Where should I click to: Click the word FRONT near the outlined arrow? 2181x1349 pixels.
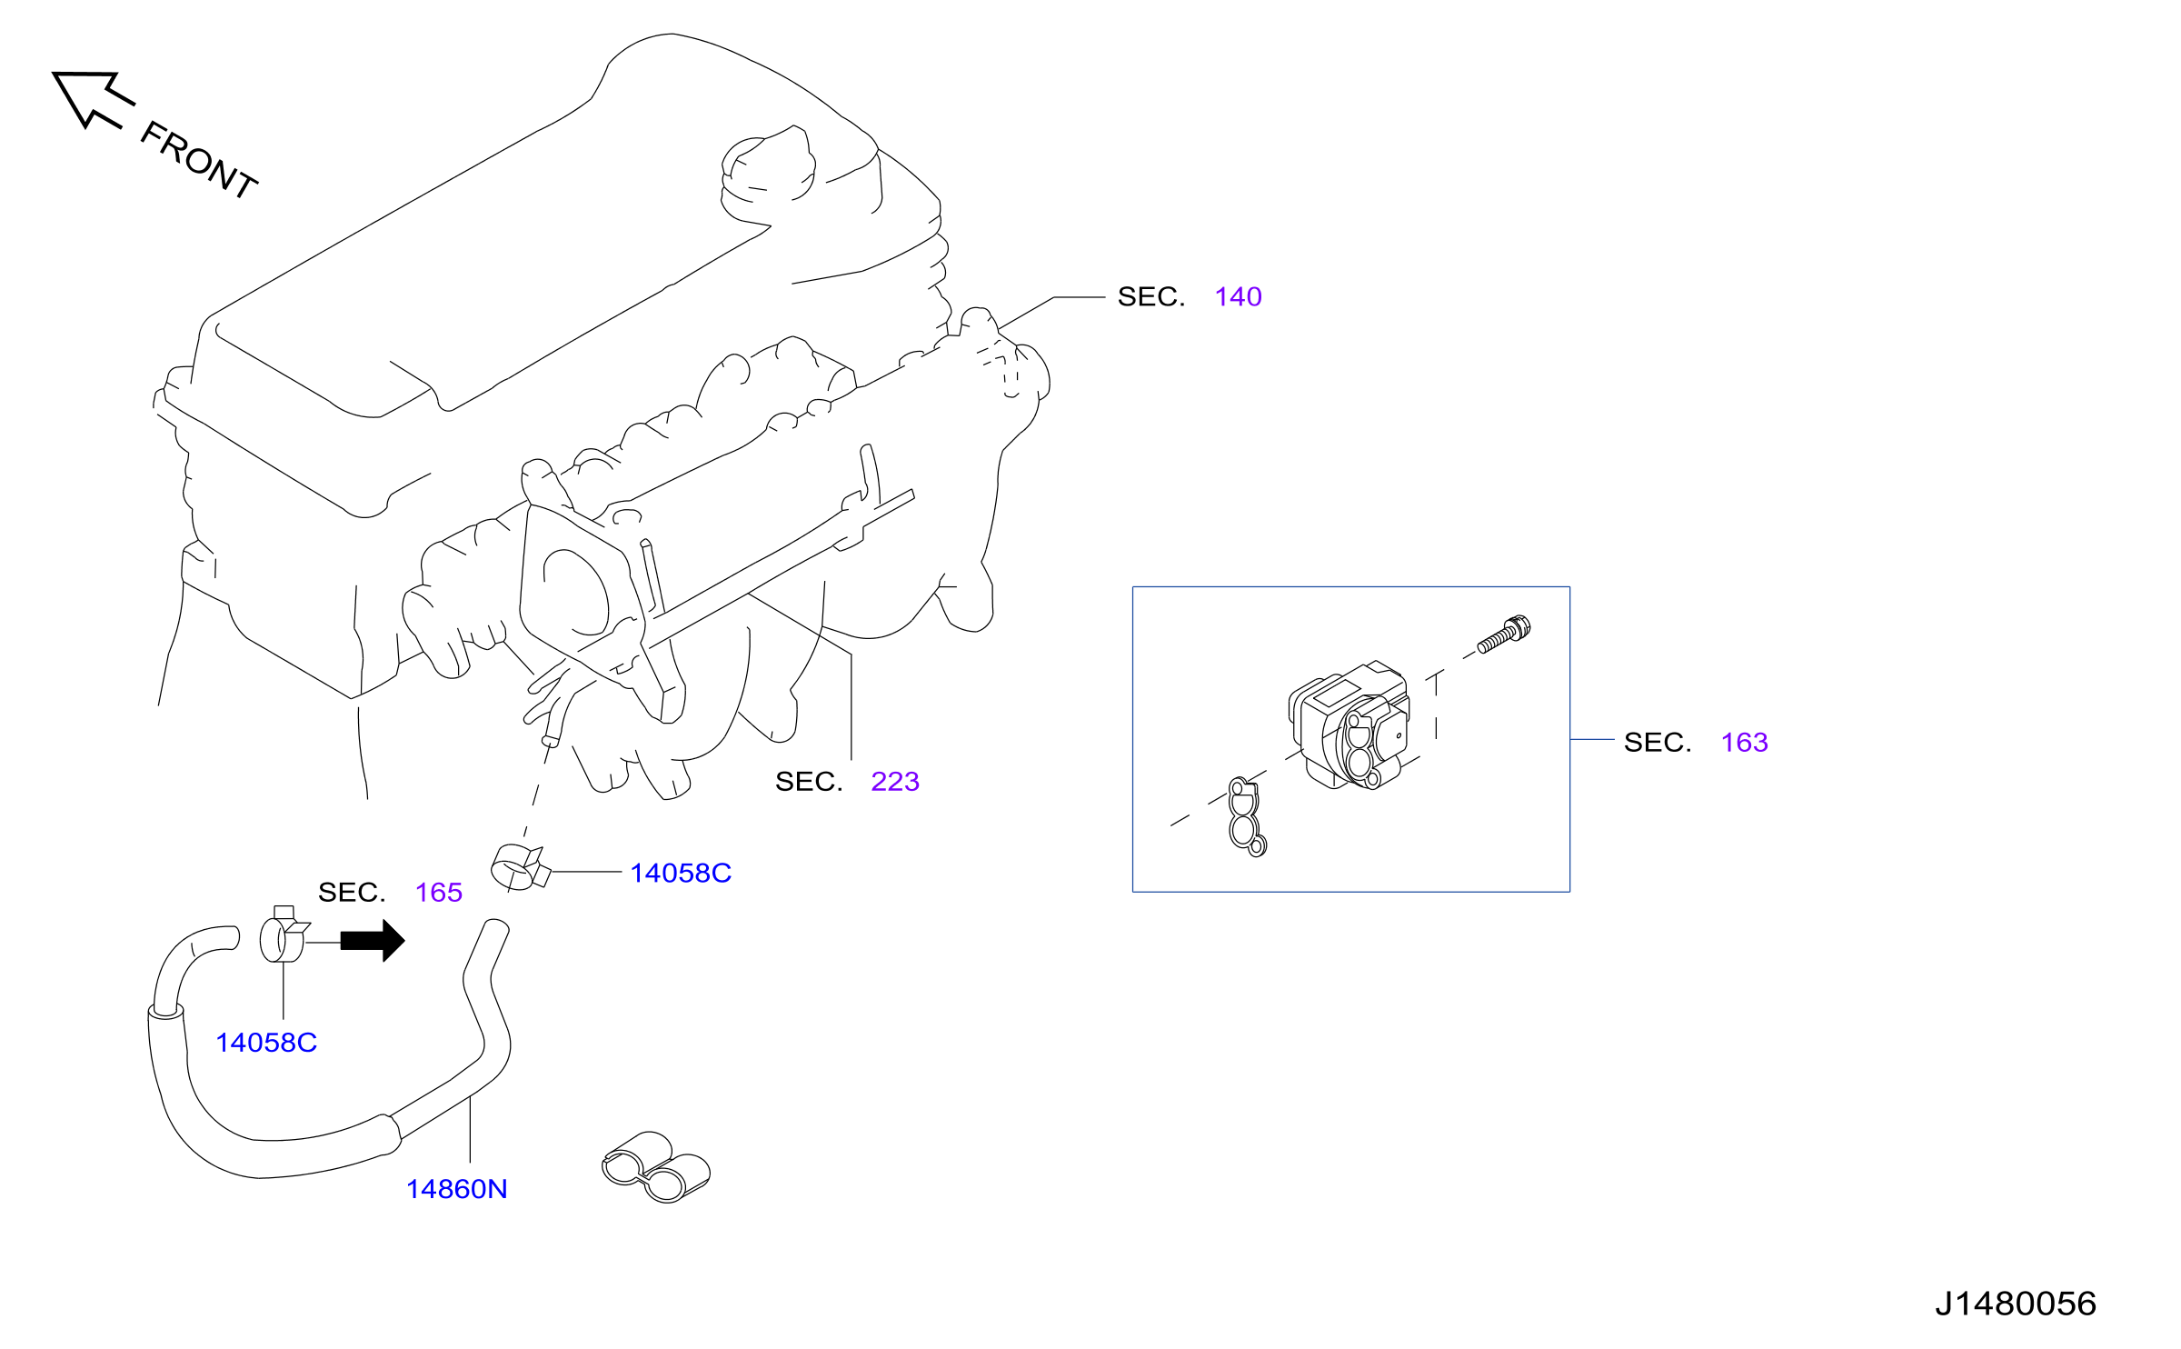tap(200, 160)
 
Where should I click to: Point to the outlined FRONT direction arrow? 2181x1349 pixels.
tap(91, 97)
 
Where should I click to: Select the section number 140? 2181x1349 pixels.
tap(1238, 296)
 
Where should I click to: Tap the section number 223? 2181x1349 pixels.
tap(894, 781)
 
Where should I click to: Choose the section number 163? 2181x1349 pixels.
tap(1744, 742)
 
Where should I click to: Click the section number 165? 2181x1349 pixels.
tap(439, 892)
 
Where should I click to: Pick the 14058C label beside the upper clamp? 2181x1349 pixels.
tap(681, 873)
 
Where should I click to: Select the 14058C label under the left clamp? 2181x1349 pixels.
tap(266, 1042)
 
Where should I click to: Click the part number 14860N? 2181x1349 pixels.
tap(456, 1188)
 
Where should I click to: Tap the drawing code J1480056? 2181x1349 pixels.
tap(2015, 1304)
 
